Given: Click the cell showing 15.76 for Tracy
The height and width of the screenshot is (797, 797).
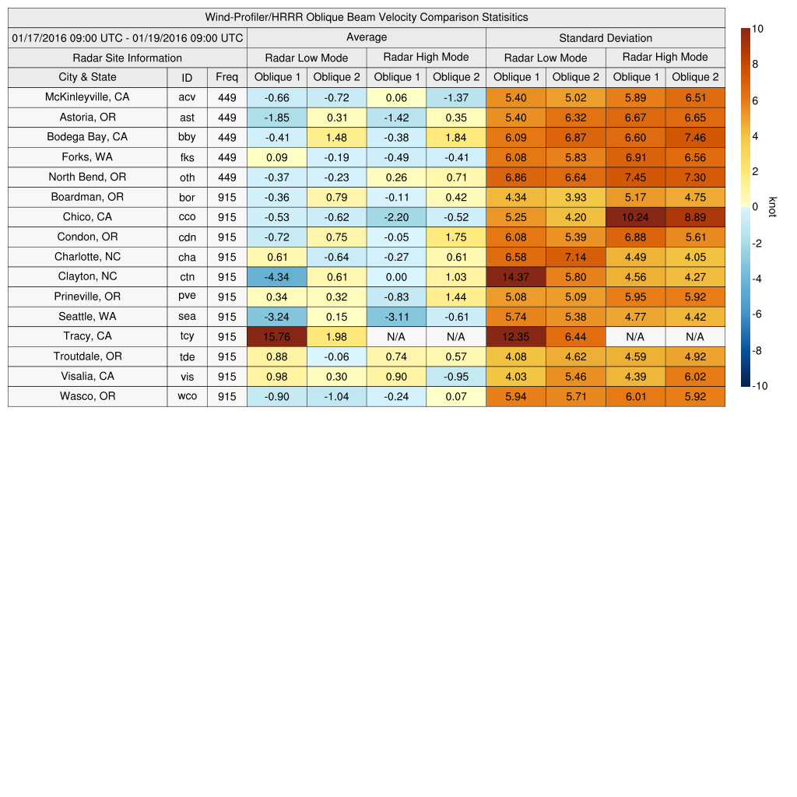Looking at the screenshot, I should pos(276,336).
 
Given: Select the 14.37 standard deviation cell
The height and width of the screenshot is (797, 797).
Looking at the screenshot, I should pos(515,276).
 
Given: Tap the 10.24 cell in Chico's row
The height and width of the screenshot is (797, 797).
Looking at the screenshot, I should pos(635,216).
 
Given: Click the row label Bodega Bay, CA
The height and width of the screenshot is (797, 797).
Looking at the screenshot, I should pos(87,137).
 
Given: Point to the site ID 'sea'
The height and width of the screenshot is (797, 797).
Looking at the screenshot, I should pos(187,317).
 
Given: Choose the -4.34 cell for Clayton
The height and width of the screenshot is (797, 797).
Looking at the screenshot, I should pos(276,276).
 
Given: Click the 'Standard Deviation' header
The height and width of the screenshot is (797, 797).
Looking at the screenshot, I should pos(605,37).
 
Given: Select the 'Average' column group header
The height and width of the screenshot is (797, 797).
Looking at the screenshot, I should pos(366,37).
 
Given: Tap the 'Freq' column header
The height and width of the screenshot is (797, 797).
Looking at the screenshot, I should pos(227,77).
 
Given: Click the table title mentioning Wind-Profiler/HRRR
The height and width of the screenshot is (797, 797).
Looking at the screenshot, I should pos(366,17).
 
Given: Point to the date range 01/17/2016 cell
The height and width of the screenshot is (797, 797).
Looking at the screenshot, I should pos(127,37).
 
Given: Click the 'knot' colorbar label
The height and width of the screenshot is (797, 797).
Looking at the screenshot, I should pos(771,207).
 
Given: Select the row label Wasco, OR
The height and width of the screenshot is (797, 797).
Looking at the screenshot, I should pos(87,396).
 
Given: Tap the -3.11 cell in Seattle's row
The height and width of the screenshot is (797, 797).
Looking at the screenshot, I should pos(396,317).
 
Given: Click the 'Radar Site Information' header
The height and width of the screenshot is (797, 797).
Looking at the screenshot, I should pos(127,58).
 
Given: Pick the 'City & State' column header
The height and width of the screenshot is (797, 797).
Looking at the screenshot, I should pos(87,77).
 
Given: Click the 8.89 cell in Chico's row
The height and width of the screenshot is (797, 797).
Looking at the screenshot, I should pos(695,216).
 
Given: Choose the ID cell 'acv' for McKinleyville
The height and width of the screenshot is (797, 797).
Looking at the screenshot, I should pos(187,97).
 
